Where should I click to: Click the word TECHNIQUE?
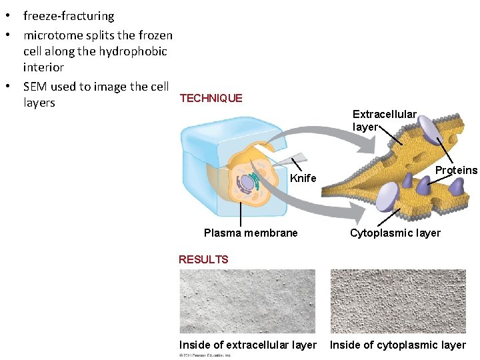(211, 98)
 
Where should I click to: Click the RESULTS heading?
(203, 259)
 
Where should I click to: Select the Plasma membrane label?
(251, 233)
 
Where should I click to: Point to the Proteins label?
(456, 171)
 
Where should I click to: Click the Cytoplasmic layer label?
(395, 233)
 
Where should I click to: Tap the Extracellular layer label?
(384, 121)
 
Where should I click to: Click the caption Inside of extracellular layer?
(248, 345)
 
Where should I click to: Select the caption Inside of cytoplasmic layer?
(398, 345)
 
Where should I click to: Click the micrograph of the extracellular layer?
(247, 301)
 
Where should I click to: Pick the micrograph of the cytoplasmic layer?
(399, 301)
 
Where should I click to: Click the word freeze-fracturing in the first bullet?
(69, 16)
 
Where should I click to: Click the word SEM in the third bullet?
(35, 87)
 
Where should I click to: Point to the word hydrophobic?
(133, 51)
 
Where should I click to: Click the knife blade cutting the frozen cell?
(293, 159)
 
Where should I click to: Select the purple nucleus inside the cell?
(247, 181)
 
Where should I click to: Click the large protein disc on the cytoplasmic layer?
(387, 197)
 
